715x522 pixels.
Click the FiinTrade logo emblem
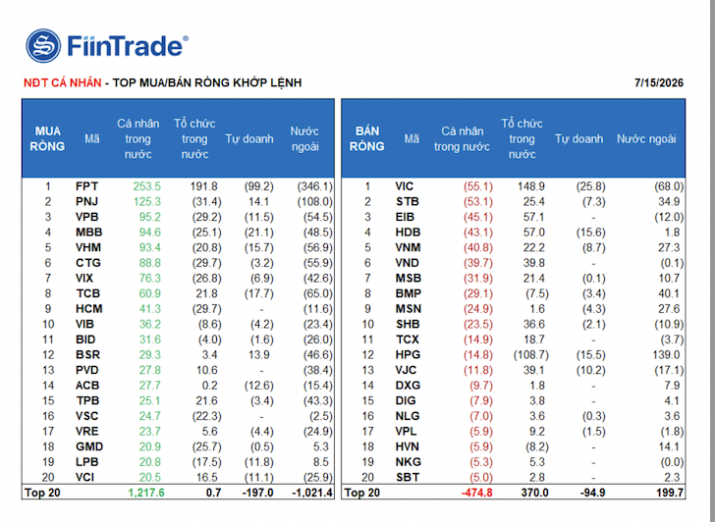click(43, 45)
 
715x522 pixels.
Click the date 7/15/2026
click(658, 82)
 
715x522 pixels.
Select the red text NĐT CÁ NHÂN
click(63, 82)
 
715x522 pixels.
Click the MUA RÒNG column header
click(47, 139)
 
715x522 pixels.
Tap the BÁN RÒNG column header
click(367, 139)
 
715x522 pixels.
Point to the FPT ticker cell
click(86, 186)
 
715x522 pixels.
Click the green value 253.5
click(147, 186)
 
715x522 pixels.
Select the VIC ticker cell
click(404, 186)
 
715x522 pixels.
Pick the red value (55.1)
click(478, 186)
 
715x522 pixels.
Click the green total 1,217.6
click(146, 493)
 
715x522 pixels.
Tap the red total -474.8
click(476, 493)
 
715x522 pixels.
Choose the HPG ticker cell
click(408, 355)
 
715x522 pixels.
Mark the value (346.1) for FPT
click(315, 186)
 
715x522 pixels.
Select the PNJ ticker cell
click(86, 202)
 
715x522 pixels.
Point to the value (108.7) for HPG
click(530, 355)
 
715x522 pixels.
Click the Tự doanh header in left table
click(249, 139)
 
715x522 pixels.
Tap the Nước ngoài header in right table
click(646, 139)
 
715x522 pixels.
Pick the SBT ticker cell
click(407, 478)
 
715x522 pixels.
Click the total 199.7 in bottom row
click(670, 493)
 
